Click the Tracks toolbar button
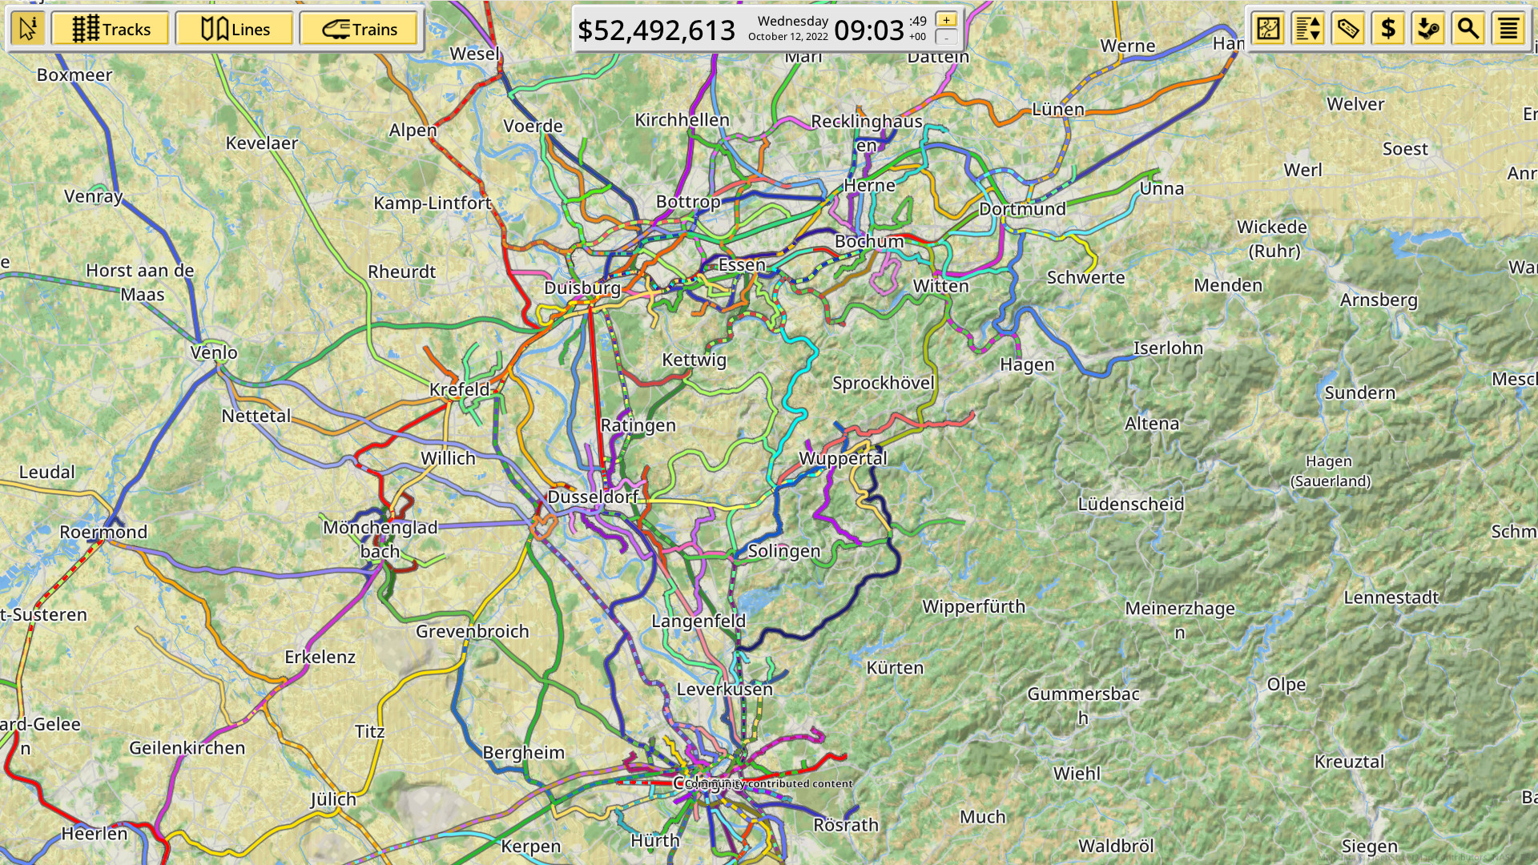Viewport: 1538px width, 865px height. click(111, 30)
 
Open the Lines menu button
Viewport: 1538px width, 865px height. click(235, 30)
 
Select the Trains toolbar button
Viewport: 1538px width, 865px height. click(359, 30)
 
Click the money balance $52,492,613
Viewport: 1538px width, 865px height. click(656, 30)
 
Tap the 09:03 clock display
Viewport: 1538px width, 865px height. click(868, 30)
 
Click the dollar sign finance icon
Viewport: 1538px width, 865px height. click(1388, 29)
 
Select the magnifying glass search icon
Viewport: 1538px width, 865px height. click(1468, 29)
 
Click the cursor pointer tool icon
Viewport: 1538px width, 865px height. click(28, 30)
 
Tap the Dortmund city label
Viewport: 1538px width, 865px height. click(1022, 209)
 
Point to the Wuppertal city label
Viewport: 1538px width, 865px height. click(843, 458)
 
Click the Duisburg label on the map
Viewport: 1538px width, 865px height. click(582, 288)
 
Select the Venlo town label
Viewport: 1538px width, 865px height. click(214, 352)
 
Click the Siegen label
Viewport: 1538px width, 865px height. click(1369, 846)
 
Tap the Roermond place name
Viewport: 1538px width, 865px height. click(103, 532)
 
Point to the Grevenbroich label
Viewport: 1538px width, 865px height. click(472, 631)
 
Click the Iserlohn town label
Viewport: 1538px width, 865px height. click(1168, 348)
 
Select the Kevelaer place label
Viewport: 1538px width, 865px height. click(261, 143)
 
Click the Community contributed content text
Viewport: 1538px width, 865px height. click(768, 783)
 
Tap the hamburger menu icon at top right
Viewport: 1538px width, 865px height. click(1508, 29)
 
